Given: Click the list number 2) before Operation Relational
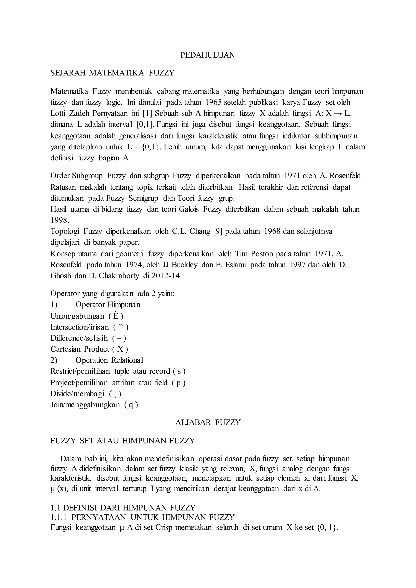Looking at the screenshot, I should click(54, 360).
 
